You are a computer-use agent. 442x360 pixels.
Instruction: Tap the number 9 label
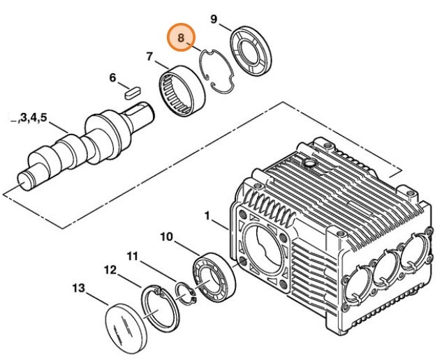click(214, 19)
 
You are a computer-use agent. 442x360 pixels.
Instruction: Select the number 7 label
click(149, 56)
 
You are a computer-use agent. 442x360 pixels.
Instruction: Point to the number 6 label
click(112, 77)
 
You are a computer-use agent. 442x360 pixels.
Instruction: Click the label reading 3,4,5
click(31, 119)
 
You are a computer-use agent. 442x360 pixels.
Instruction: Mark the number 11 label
click(133, 256)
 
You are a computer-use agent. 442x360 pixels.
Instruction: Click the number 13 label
click(78, 287)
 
